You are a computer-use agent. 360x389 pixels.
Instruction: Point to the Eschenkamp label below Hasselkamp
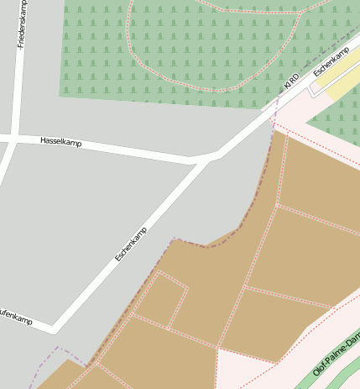click(131, 243)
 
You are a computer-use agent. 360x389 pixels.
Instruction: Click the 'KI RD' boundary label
click(291, 82)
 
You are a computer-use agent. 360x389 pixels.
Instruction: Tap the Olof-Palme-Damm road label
click(337, 353)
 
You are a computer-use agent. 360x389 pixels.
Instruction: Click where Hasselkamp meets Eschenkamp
click(210, 156)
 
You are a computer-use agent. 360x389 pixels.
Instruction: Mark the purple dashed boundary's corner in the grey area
click(58, 348)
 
